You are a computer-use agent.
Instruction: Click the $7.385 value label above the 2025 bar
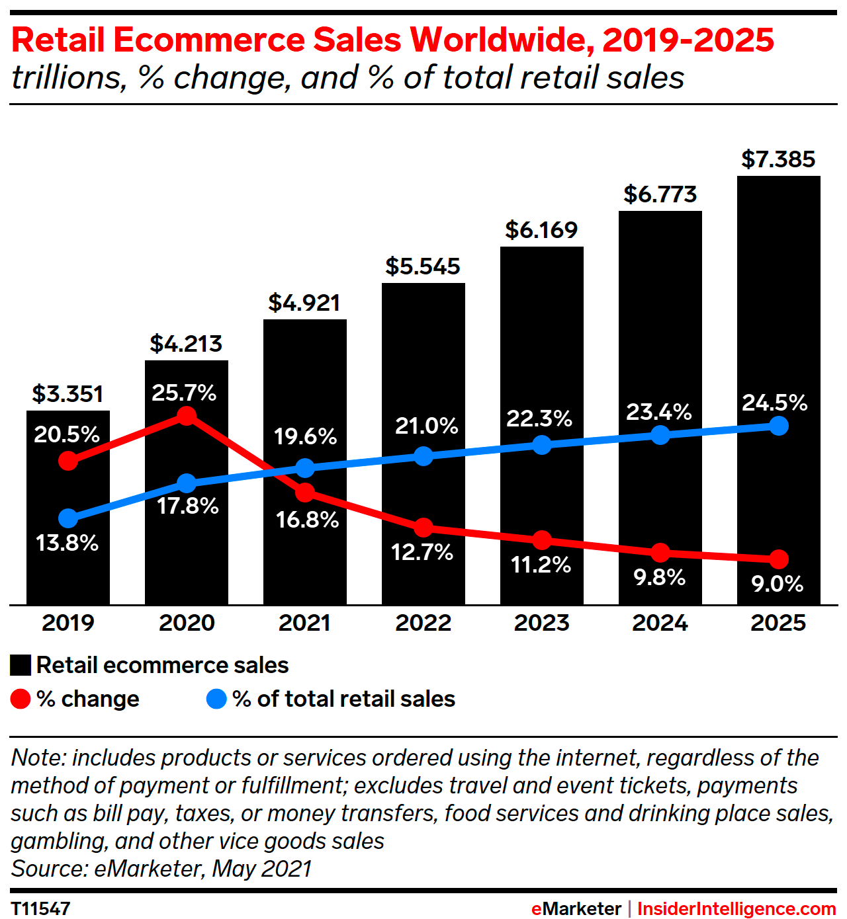[778, 159]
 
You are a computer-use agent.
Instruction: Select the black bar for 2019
[68, 575]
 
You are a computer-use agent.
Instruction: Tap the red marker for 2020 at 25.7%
[187, 416]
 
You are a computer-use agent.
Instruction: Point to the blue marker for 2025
[779, 426]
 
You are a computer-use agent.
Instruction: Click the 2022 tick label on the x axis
[423, 623]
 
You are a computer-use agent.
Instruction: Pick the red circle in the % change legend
[21, 699]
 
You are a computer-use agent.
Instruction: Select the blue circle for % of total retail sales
[216, 699]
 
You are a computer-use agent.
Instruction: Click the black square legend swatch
[21, 665]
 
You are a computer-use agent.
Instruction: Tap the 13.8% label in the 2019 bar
[67, 543]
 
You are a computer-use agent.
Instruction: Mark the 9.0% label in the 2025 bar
[778, 584]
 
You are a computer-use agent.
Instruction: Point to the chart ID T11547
[40, 908]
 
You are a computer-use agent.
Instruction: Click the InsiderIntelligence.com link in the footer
[736, 908]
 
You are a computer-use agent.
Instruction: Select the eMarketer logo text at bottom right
[576, 908]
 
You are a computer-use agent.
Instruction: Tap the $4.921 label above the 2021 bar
[304, 303]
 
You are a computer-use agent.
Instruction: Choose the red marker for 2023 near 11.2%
[542, 540]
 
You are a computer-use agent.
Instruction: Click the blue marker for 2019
[68, 518]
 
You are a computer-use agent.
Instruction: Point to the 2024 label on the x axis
[660, 623]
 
